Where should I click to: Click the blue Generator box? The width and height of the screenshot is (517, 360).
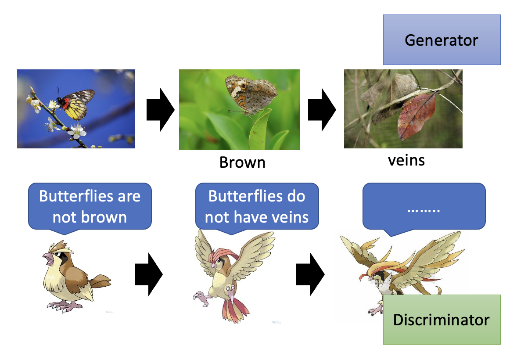tap(442, 40)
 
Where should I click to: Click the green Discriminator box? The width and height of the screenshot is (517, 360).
tap(442, 319)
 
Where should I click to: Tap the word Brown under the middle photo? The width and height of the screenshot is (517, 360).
tap(242, 162)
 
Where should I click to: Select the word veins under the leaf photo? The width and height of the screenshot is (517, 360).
tap(406, 160)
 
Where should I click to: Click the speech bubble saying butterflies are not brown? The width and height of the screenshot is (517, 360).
tap(90, 206)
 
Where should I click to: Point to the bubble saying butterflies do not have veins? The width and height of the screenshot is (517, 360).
tap(257, 206)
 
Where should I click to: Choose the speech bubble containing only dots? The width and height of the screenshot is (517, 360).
tap(424, 206)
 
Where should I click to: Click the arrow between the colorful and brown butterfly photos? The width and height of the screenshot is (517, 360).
tap(160, 109)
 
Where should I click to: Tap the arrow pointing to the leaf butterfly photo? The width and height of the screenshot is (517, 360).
tap(322, 109)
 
